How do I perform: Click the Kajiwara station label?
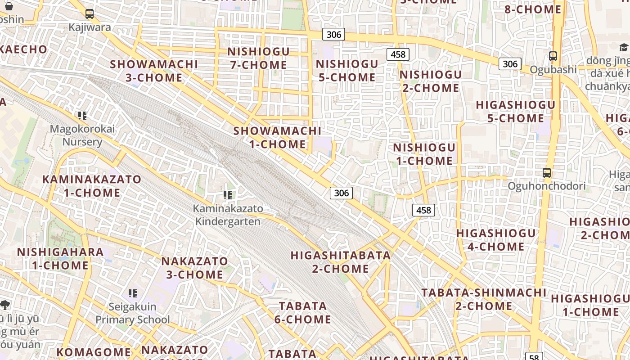(x=90, y=27)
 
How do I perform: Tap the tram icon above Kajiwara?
(x=90, y=14)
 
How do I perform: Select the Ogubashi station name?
(x=553, y=70)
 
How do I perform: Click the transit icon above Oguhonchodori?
(x=547, y=172)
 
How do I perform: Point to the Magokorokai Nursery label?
(x=82, y=135)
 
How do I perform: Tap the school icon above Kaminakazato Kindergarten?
(x=228, y=195)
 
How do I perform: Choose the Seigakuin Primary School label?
(x=132, y=313)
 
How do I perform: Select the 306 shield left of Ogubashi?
(x=510, y=64)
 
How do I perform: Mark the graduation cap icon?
(x=624, y=48)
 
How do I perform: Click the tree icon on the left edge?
(x=5, y=305)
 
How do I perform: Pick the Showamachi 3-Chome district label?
(x=154, y=71)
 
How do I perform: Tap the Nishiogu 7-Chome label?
(x=258, y=58)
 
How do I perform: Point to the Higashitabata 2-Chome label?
(x=341, y=262)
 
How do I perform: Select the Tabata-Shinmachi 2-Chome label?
(x=484, y=299)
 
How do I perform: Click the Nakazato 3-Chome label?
(x=194, y=268)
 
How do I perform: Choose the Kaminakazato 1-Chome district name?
(x=92, y=186)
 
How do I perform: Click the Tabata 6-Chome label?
(x=303, y=313)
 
